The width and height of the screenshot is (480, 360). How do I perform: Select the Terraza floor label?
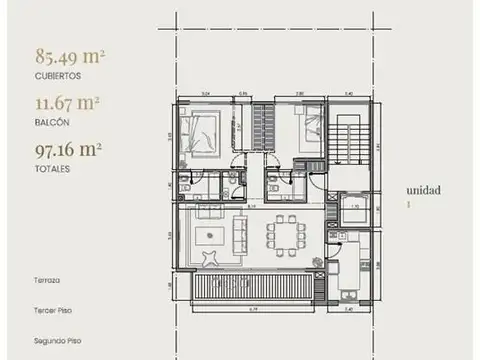(46, 281)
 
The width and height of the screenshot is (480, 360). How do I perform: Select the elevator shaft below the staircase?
(352, 210)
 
